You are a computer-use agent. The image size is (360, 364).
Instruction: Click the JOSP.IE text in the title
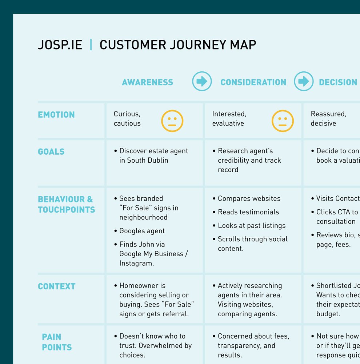click(60, 45)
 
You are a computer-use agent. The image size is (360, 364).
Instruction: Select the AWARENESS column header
click(147, 82)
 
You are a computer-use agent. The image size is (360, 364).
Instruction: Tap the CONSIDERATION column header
click(253, 82)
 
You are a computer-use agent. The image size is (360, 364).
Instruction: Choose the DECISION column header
click(338, 82)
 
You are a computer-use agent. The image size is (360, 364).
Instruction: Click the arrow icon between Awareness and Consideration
click(202, 81)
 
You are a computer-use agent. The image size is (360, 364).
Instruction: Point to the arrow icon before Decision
click(304, 81)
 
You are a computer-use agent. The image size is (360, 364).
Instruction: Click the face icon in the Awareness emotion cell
click(172, 121)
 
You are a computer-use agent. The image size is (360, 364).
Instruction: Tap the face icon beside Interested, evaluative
click(283, 121)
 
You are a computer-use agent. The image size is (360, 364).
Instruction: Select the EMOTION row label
click(56, 115)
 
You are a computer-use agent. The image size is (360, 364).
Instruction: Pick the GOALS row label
click(51, 152)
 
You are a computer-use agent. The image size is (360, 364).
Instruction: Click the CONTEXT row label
click(57, 286)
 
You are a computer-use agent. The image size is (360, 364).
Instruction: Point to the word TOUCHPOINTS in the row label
click(67, 210)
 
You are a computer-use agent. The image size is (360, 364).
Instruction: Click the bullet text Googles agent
click(142, 231)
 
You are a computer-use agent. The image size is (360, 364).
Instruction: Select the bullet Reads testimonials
click(248, 212)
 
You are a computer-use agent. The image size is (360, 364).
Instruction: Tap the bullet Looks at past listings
click(252, 225)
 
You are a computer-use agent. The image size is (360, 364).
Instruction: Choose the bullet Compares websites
click(249, 198)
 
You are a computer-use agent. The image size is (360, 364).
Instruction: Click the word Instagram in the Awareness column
click(135, 263)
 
